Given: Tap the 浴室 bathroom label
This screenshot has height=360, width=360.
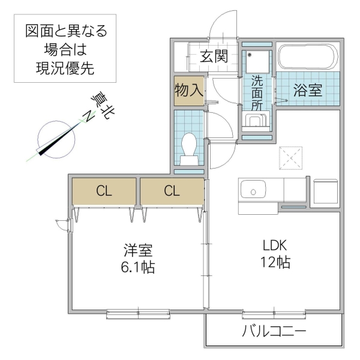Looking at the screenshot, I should click(308, 90).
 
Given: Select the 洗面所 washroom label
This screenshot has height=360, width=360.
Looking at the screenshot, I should click(257, 92).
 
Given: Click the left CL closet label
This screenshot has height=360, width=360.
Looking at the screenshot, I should click(104, 192).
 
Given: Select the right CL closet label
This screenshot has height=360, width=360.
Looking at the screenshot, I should click(172, 192).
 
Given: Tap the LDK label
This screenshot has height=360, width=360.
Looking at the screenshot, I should click(275, 245).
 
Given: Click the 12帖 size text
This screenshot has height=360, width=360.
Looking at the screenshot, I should click(275, 262).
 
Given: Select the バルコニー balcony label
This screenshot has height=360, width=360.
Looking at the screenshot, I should click(274, 332).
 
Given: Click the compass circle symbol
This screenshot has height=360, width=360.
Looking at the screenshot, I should click(55, 138).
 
